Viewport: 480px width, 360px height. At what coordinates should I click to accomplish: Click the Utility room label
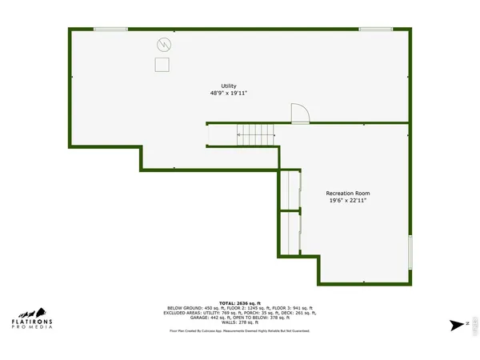[229, 86]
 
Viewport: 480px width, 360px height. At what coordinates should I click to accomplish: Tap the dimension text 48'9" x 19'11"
[229, 94]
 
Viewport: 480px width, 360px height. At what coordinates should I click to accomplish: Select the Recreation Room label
[348, 194]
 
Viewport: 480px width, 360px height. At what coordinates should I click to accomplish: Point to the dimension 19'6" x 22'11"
[348, 202]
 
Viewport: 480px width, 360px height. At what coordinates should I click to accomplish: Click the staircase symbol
[255, 135]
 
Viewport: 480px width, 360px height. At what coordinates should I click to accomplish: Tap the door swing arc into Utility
[299, 114]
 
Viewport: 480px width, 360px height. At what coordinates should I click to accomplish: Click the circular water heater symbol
[163, 44]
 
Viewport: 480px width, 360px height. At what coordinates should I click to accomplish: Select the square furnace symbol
[162, 65]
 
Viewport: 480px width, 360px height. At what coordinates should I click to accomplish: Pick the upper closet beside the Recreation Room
[288, 190]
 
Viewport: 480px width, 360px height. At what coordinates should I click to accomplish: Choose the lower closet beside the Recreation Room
[288, 232]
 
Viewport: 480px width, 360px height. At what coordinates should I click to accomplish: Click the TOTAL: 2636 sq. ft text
[239, 302]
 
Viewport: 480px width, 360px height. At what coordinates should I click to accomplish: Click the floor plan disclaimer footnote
[239, 330]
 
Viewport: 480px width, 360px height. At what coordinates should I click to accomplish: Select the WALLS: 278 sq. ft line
[239, 322]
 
